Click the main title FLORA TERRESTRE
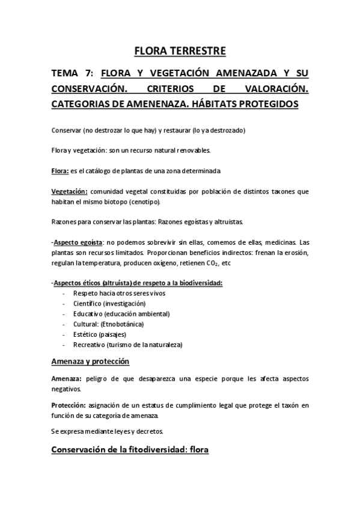pos(180,51)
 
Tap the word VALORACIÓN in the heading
pos(275,89)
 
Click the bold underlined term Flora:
pos(60,170)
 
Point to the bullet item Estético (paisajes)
pos(100,334)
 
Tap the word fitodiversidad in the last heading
pos(150,449)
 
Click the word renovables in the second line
pos(209,150)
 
